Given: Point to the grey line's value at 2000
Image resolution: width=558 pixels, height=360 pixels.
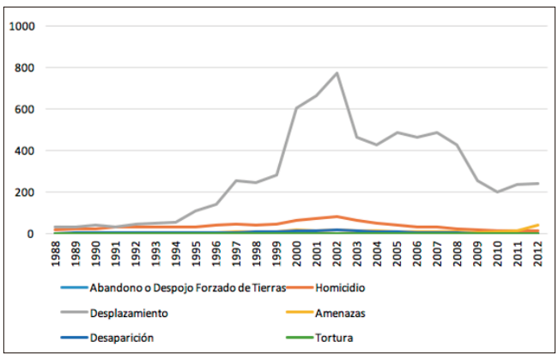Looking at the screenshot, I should (x=296, y=108).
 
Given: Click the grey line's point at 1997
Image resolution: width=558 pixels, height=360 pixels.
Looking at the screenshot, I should (x=235, y=180).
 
